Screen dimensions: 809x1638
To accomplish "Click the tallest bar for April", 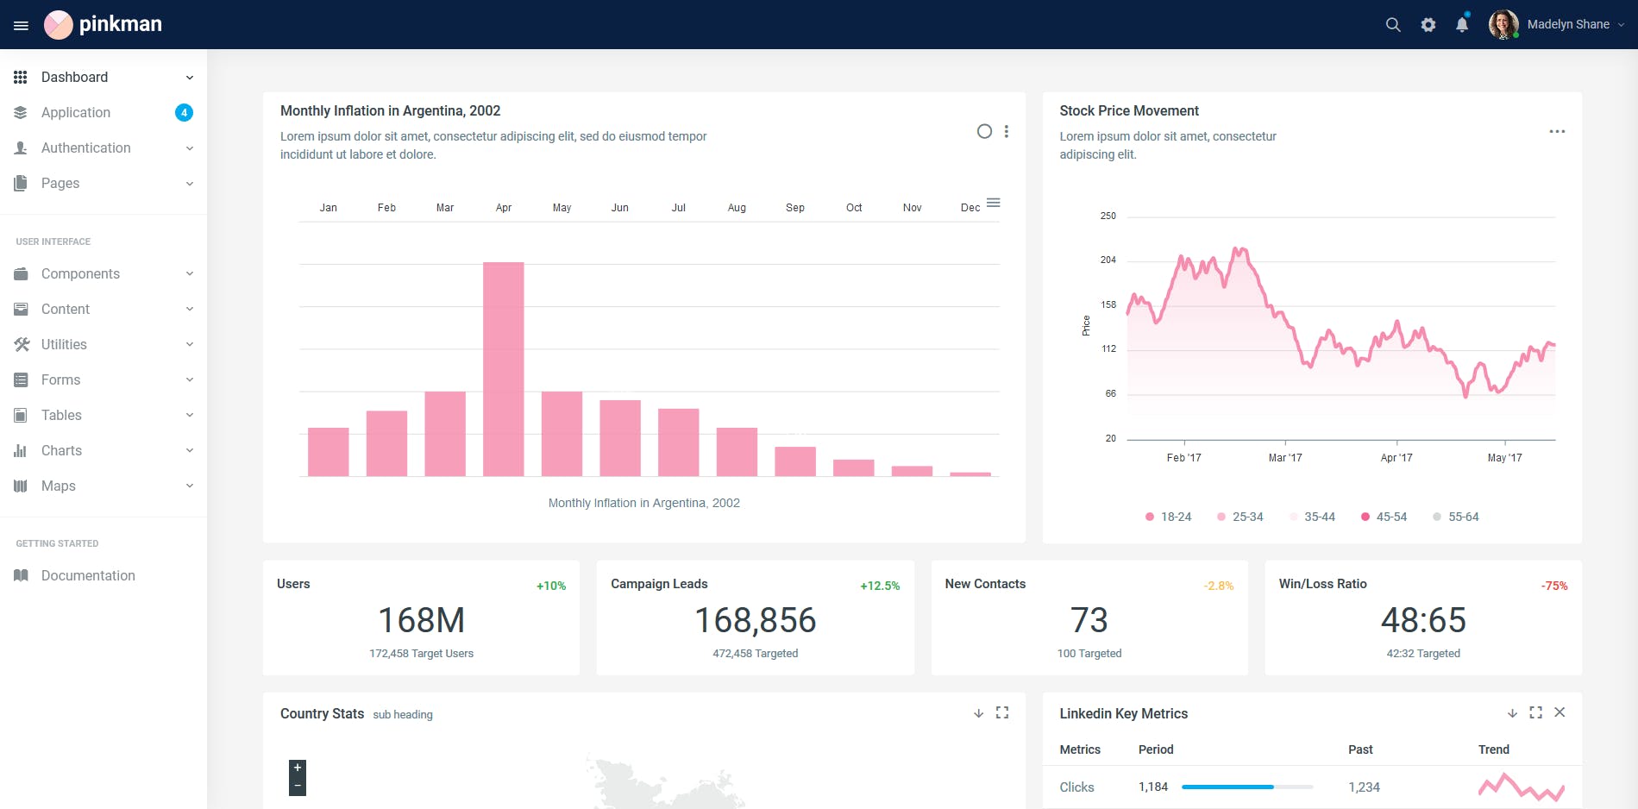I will (x=503, y=369).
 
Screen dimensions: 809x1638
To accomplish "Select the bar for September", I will (x=794, y=461).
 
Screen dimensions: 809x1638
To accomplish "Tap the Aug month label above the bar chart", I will (x=737, y=208).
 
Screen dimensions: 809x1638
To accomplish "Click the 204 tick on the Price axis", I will (x=1108, y=260).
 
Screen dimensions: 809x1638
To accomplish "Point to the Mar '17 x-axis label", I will (x=1284, y=458).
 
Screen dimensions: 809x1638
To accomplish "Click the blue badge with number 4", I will (x=184, y=112).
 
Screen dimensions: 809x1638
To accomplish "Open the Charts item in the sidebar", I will (x=61, y=450).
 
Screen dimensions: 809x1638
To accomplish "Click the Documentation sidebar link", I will (x=88, y=575).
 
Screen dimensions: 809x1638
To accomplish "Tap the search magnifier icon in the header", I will (x=1392, y=25).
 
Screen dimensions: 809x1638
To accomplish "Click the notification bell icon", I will (x=1461, y=25).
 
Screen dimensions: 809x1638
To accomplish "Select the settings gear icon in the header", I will (x=1428, y=25).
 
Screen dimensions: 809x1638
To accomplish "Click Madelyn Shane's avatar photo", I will (x=1503, y=24).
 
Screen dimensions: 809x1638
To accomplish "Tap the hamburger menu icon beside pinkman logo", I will (x=21, y=25).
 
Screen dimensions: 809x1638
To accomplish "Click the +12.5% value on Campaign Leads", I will (x=879, y=586).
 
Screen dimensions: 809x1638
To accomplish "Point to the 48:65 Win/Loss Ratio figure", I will (x=1422, y=620).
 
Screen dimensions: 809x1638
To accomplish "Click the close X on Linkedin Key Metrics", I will (x=1559, y=712).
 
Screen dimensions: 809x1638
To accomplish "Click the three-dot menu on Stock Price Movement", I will (x=1556, y=132).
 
